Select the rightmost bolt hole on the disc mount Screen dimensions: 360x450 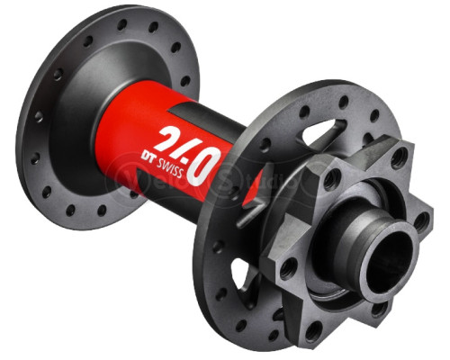(x=419, y=219)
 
